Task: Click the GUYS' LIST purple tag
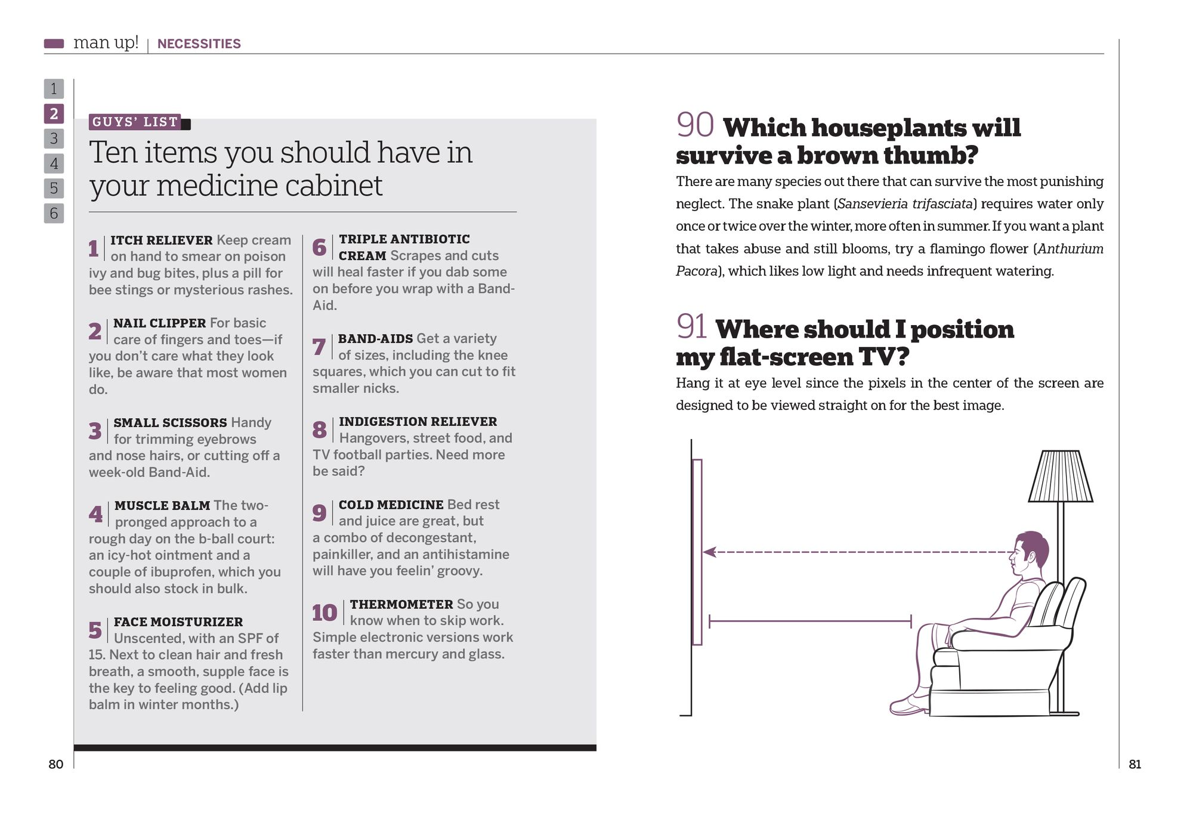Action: [x=135, y=122]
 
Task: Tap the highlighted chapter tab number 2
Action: [x=54, y=113]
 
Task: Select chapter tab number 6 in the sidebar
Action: [x=54, y=213]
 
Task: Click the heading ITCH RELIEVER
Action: [x=161, y=240]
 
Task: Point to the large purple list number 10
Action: [x=324, y=613]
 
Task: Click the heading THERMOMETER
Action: [x=401, y=604]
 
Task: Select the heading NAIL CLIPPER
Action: [x=159, y=323]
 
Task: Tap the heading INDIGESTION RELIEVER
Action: [x=418, y=422]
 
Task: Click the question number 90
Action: [x=695, y=125]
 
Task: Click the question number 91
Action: [x=691, y=327]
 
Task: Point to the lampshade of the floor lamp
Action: [x=1060, y=477]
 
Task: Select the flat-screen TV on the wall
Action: [x=697, y=552]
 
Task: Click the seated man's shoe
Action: [x=908, y=706]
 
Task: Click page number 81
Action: [x=1135, y=765]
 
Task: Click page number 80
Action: [x=55, y=765]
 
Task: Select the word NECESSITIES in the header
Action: [x=199, y=44]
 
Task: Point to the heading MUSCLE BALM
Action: [x=162, y=506]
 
